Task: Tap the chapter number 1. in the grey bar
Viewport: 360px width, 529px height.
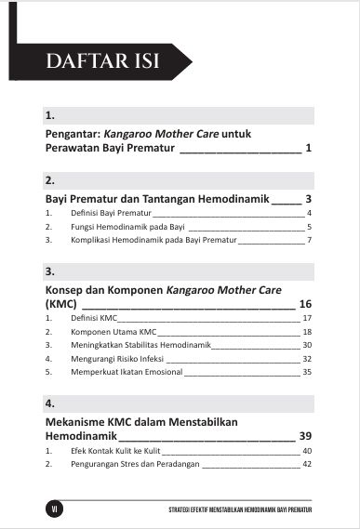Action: coord(50,117)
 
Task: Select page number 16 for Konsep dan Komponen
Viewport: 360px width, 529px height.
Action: coord(305,303)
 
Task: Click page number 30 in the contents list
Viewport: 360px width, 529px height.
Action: coord(306,345)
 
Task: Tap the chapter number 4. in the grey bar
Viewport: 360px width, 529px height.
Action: coord(50,405)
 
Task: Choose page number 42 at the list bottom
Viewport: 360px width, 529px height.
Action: coord(306,464)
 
